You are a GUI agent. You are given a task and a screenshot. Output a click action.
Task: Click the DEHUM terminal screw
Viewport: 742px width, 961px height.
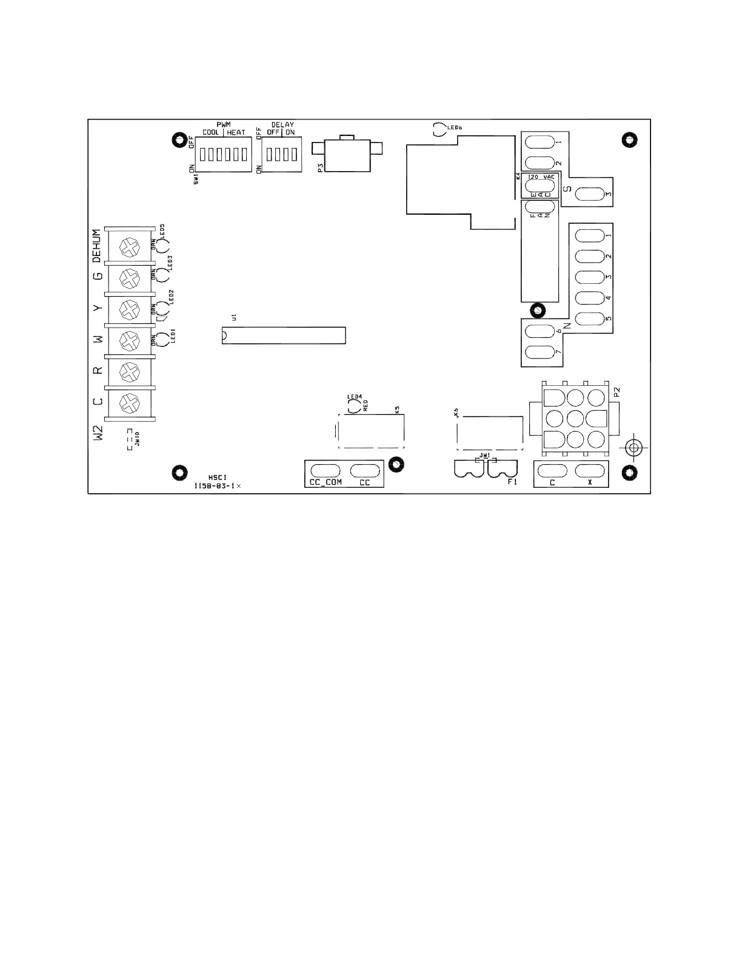click(129, 246)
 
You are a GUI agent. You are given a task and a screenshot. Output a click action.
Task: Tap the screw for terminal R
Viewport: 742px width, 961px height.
click(129, 370)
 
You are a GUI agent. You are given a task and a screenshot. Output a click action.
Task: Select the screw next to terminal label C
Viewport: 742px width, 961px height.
click(129, 402)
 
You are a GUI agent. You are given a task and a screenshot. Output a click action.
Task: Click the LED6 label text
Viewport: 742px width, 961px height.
click(455, 127)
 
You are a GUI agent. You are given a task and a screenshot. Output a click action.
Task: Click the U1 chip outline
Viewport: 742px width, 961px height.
click(284, 336)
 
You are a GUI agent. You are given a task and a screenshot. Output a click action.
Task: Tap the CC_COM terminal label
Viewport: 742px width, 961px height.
click(326, 483)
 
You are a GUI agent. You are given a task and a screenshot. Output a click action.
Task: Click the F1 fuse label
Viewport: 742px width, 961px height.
click(512, 482)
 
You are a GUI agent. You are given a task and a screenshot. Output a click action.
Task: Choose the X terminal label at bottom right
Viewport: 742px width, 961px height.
click(589, 483)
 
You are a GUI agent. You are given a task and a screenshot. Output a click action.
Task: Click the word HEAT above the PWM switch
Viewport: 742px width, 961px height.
click(236, 132)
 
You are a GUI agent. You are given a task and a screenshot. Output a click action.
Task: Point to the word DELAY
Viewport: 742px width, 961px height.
click(282, 125)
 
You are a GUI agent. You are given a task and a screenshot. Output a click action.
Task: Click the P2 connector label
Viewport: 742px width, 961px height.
click(617, 393)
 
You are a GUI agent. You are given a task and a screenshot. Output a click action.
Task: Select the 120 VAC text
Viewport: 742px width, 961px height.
click(541, 177)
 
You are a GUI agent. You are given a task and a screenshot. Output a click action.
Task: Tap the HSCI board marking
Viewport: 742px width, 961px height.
click(217, 477)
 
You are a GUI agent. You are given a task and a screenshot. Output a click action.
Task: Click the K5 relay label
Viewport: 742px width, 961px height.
click(398, 410)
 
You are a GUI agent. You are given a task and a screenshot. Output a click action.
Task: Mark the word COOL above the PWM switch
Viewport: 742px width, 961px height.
click(212, 132)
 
